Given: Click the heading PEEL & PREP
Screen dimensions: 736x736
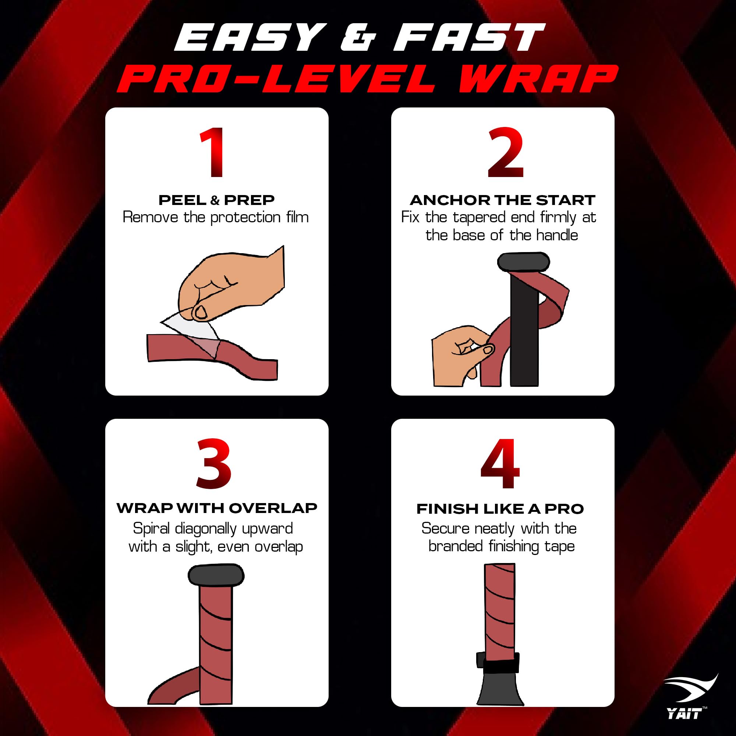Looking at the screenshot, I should pos(216,200).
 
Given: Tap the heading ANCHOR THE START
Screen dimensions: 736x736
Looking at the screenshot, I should pos(502,200).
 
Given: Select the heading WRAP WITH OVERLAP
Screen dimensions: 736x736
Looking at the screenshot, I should pos(216,508).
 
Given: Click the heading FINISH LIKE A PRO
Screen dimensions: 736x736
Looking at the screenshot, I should pos(500,509).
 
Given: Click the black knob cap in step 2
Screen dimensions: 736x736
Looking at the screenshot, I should pos(523,262).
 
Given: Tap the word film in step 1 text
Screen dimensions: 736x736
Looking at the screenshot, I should pos(297,217).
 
